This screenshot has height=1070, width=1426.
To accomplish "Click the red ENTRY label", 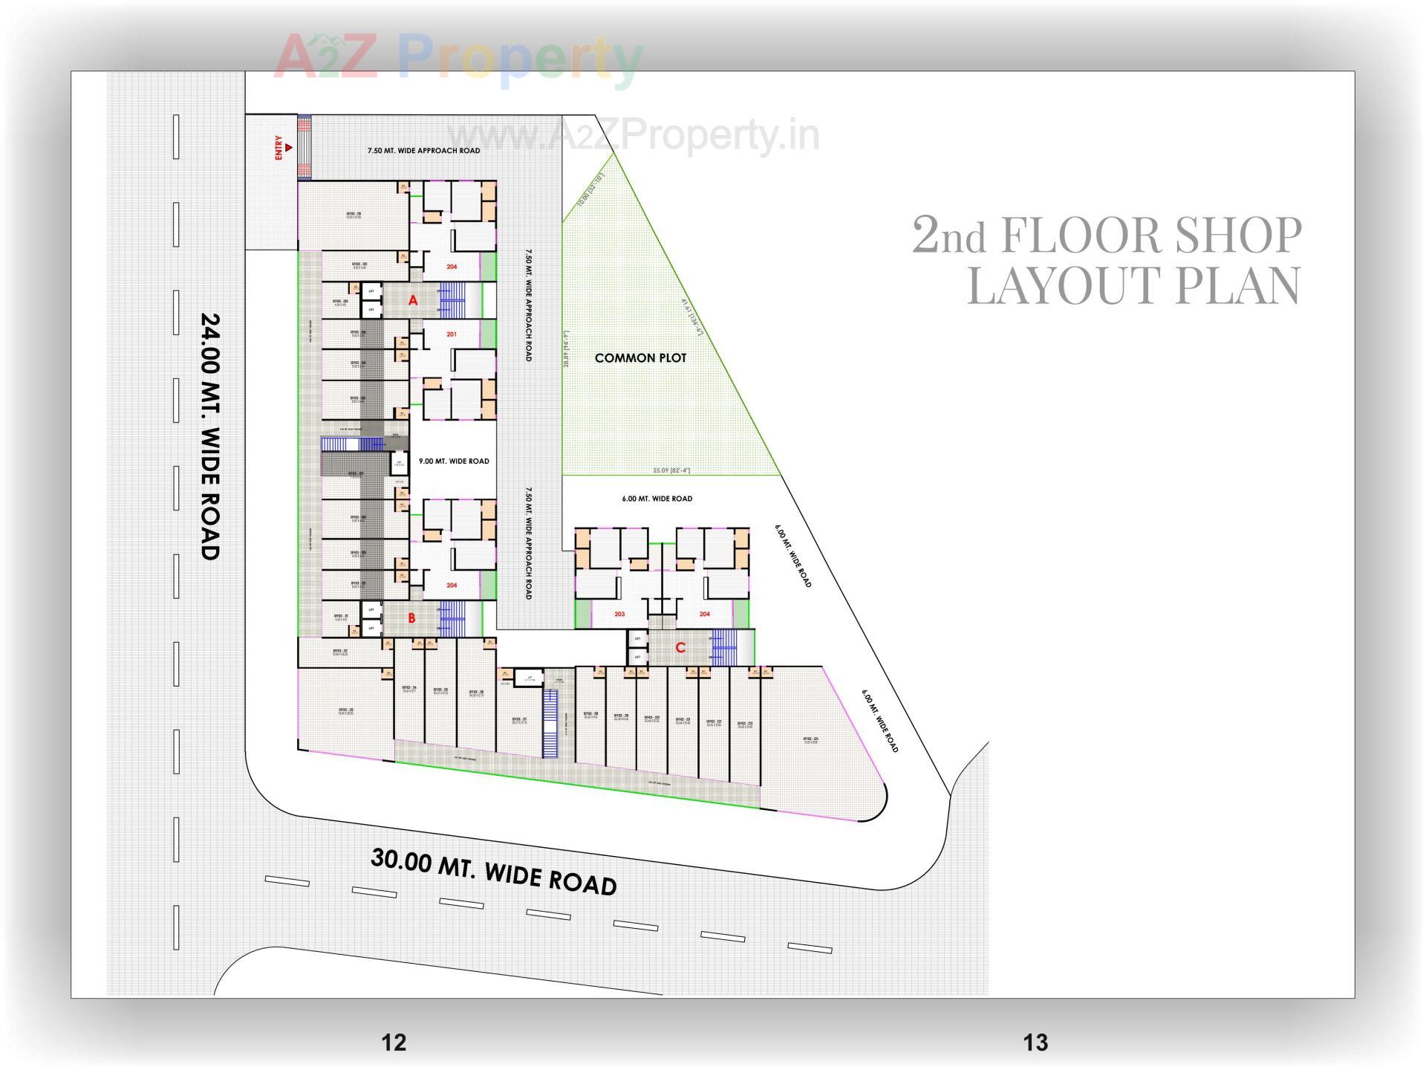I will tap(279, 147).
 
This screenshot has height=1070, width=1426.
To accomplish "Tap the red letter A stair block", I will tap(413, 300).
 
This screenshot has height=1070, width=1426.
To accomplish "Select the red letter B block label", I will tap(411, 617).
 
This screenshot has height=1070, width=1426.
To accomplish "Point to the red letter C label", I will tap(680, 648).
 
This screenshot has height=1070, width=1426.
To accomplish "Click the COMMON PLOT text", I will tap(640, 358).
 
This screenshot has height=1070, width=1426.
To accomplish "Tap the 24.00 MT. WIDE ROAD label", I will tap(211, 436).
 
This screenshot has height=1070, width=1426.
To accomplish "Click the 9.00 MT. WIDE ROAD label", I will tap(454, 461).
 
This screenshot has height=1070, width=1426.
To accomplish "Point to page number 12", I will tap(394, 1043).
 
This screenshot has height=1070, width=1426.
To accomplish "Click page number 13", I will tap(1035, 1043).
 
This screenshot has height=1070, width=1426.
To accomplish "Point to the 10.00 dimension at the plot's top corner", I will tap(592, 189).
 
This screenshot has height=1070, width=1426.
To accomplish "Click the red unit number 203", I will tap(619, 615).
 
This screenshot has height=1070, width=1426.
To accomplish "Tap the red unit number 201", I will tap(452, 334).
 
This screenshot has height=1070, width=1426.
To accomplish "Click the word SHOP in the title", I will tap(1232, 236).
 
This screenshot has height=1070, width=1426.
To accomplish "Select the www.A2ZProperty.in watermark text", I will tap(634, 136).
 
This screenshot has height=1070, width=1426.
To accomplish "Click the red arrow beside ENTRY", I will tap(289, 147).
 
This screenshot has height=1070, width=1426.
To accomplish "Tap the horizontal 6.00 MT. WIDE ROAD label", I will tap(657, 499).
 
